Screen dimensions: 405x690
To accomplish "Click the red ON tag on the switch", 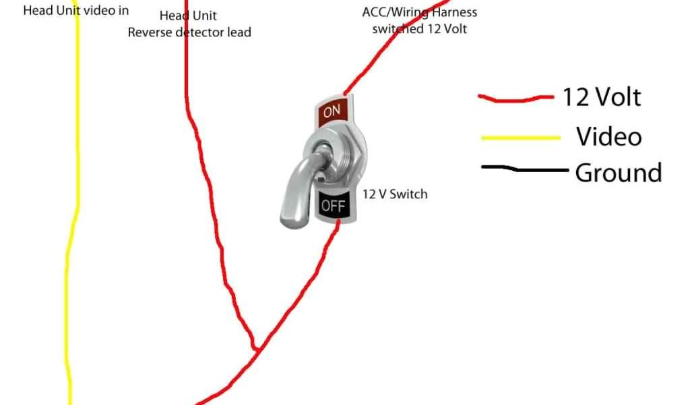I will (x=333, y=111).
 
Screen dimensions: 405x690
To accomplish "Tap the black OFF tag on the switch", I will (x=333, y=205).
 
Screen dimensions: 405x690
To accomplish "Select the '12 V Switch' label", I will (x=395, y=194).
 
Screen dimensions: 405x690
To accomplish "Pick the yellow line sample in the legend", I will (x=521, y=138).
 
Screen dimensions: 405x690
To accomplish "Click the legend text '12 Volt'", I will (x=601, y=98).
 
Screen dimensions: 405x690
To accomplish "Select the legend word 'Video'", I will (x=608, y=137).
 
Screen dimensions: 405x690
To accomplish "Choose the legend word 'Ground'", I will (x=618, y=173).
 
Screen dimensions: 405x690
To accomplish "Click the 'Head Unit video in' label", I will (x=76, y=11).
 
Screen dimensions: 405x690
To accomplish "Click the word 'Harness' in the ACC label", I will (x=455, y=12).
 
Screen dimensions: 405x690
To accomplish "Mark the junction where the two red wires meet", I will (x=256, y=349).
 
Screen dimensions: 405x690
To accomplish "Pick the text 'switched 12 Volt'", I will (x=419, y=29).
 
